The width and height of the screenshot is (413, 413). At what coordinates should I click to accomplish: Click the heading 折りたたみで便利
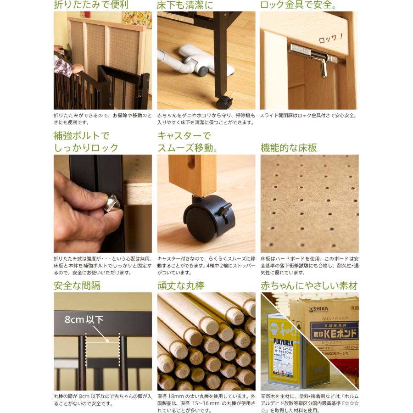91,6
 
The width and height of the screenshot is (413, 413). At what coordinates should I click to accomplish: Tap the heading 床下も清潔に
185,6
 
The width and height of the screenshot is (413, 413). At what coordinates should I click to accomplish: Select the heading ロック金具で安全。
298,6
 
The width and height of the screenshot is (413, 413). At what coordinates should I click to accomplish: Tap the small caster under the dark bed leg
224,102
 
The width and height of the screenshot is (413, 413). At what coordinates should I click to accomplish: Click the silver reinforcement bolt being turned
112,203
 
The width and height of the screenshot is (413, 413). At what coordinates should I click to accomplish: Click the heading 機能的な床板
289,148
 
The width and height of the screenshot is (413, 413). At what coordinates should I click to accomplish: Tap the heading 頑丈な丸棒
181,285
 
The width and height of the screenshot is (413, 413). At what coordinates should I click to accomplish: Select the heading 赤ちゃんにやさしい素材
309,285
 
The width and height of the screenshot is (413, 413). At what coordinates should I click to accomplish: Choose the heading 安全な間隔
77,285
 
